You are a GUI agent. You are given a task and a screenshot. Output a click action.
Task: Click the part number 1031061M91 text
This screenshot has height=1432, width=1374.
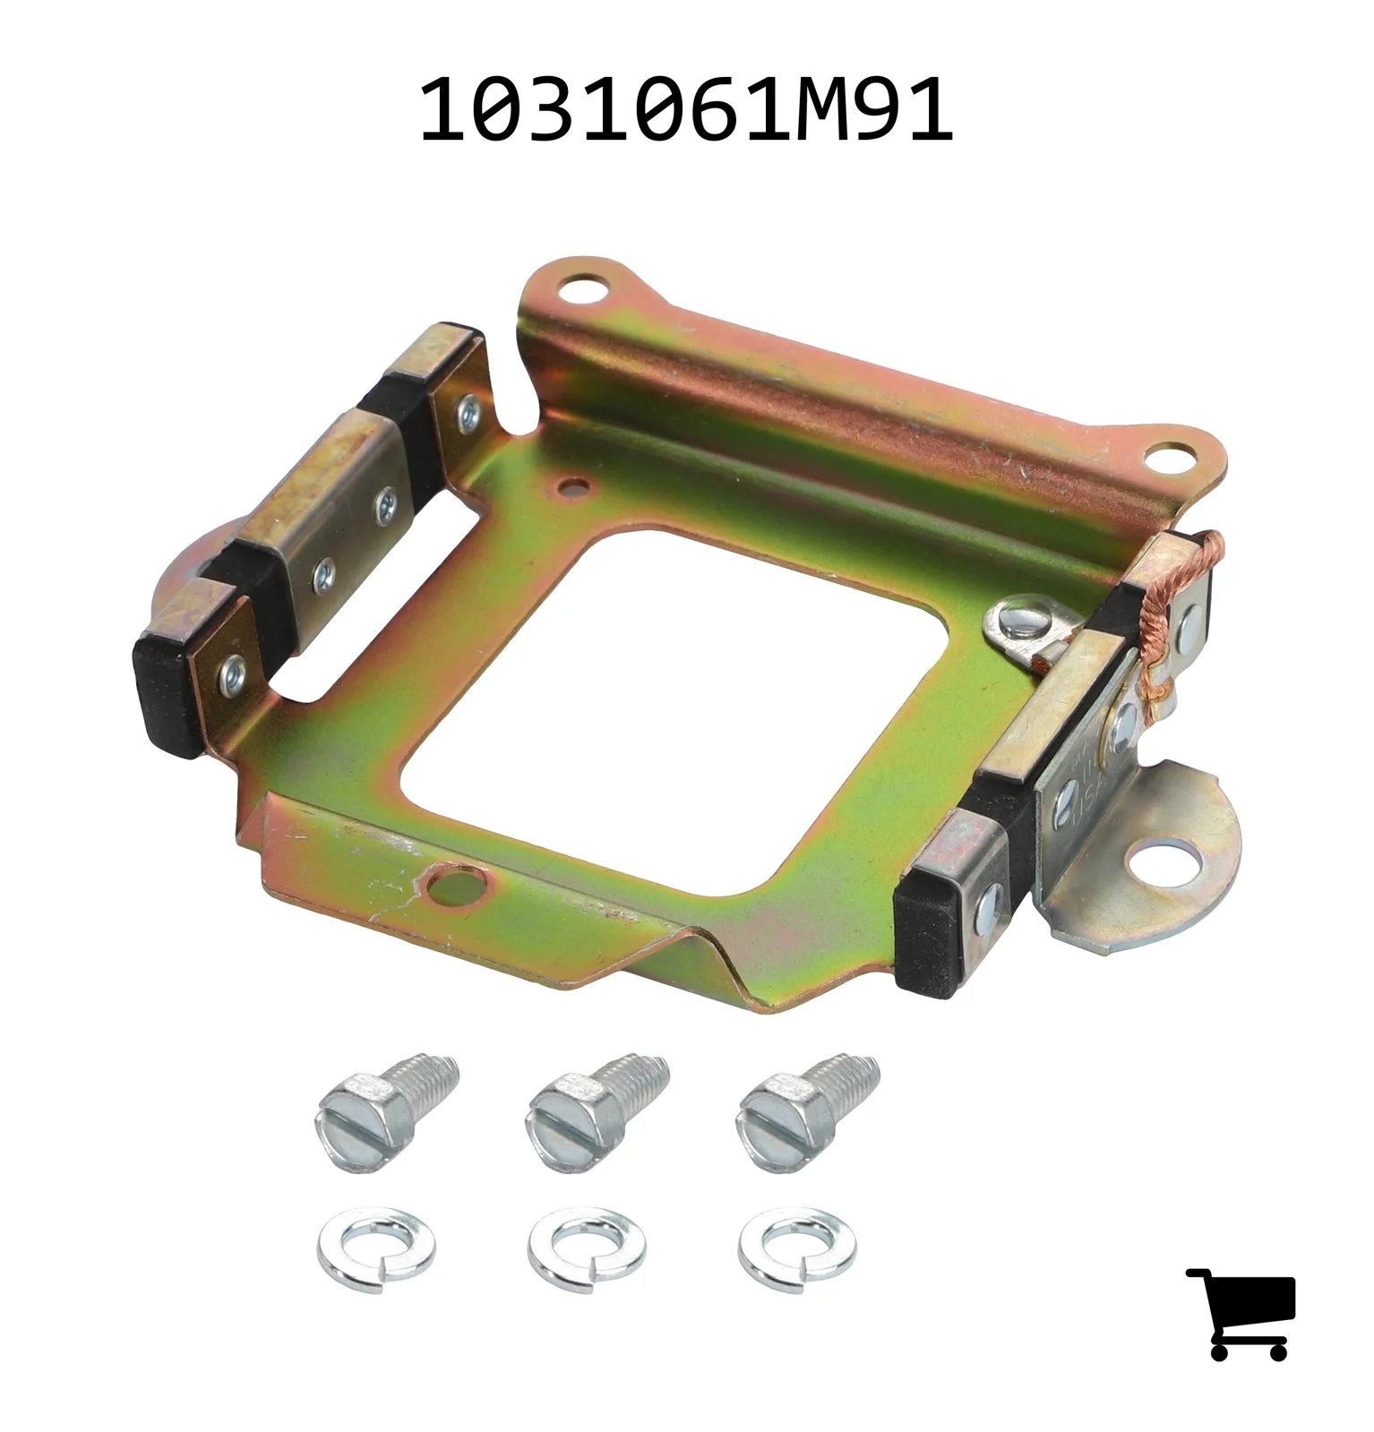click(686, 110)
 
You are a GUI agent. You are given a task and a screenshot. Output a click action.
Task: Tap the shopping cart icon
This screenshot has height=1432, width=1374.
click(1241, 1313)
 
